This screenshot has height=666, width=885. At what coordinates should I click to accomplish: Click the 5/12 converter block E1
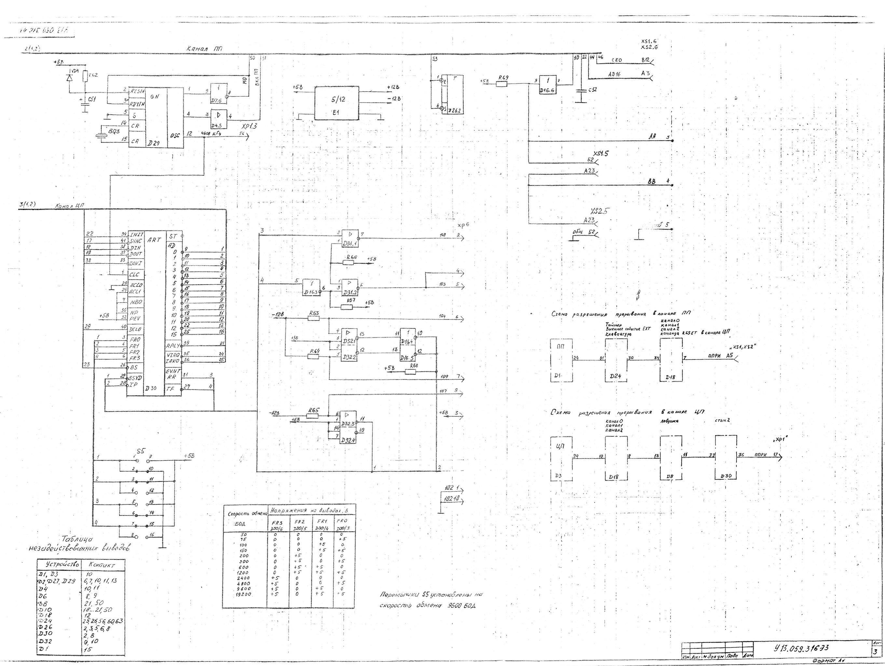(337, 103)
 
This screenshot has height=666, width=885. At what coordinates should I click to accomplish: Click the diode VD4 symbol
(70, 78)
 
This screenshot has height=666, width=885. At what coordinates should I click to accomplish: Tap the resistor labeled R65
(312, 416)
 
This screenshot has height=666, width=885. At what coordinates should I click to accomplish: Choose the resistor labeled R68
(411, 371)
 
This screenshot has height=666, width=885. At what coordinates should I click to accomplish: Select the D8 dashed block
(671, 458)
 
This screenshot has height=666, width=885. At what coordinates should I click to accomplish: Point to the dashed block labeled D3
(561, 458)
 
